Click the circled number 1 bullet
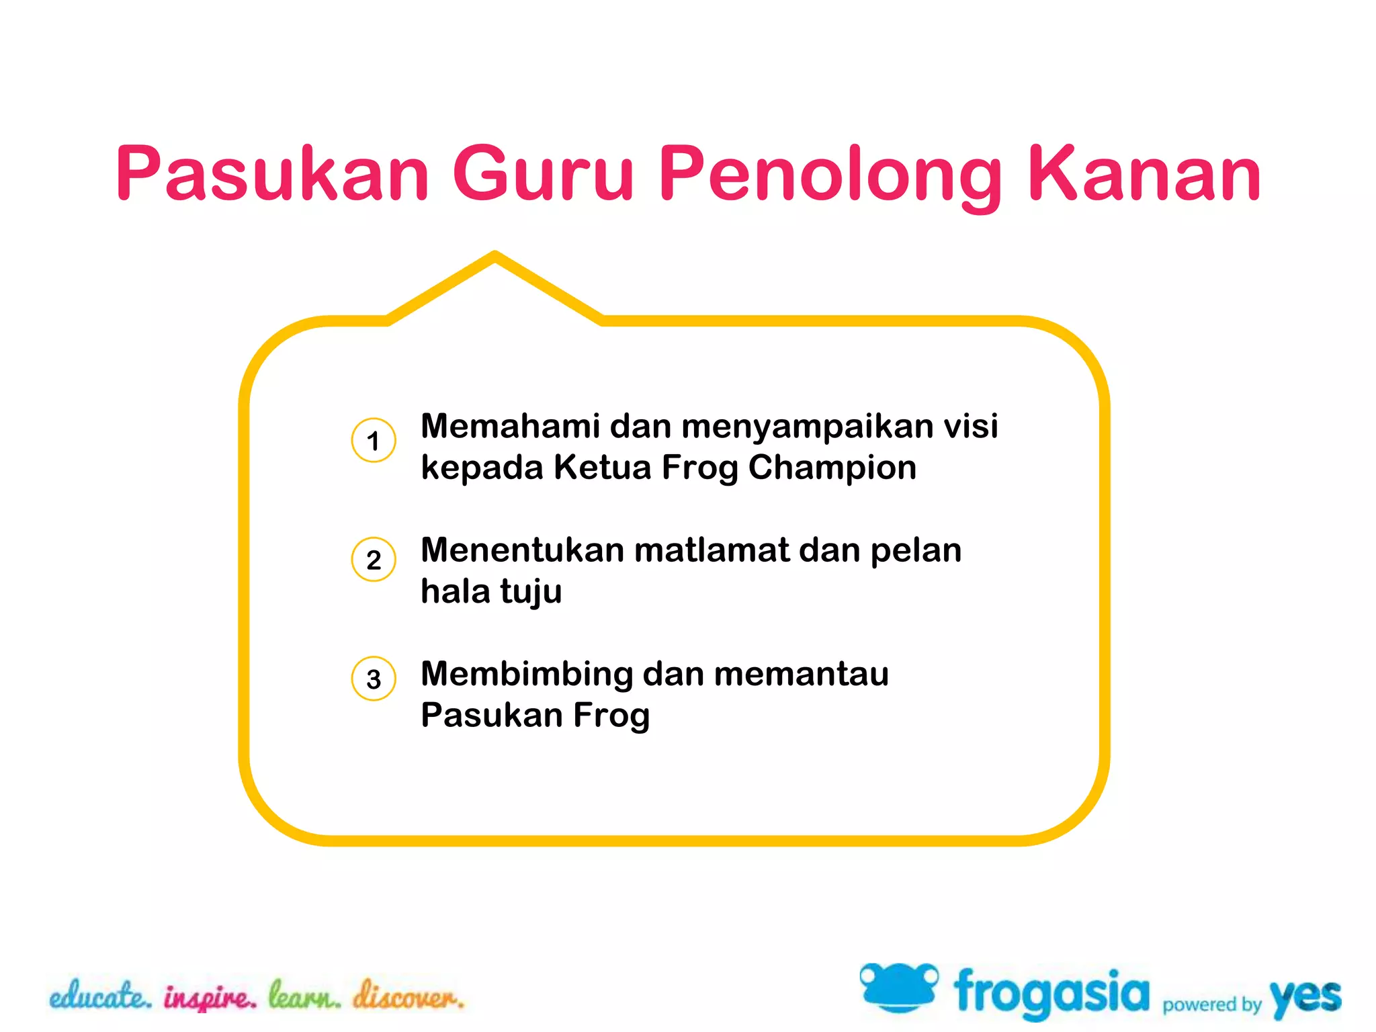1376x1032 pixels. (374, 441)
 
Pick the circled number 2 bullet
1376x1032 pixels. (374, 560)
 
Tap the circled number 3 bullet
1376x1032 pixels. (374, 679)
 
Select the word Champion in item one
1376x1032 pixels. (832, 468)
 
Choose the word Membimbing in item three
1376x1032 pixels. (527, 675)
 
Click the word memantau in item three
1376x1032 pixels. (801, 674)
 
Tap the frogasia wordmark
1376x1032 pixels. (1051, 993)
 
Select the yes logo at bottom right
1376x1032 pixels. (1305, 997)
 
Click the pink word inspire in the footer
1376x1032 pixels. (210, 998)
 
